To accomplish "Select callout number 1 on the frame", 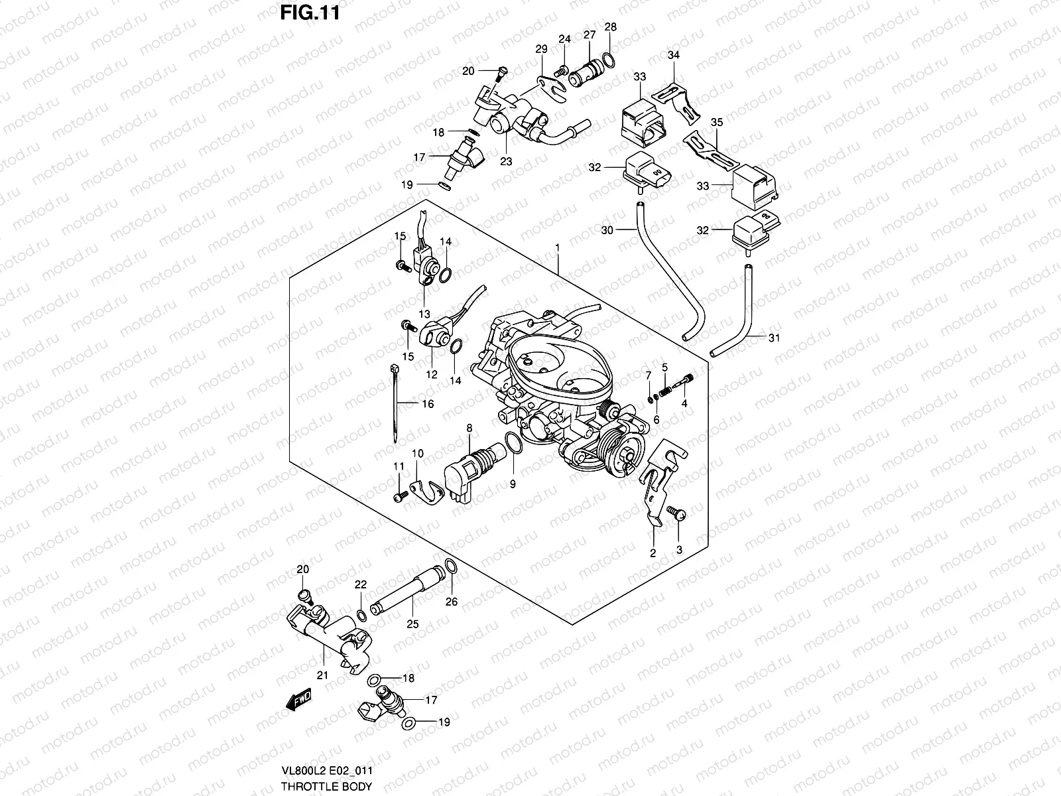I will [558, 247].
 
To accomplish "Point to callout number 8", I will [469, 429].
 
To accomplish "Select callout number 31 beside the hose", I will [774, 338].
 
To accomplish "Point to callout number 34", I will [673, 55].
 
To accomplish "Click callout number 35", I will [716, 122].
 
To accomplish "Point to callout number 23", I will [506, 161].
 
